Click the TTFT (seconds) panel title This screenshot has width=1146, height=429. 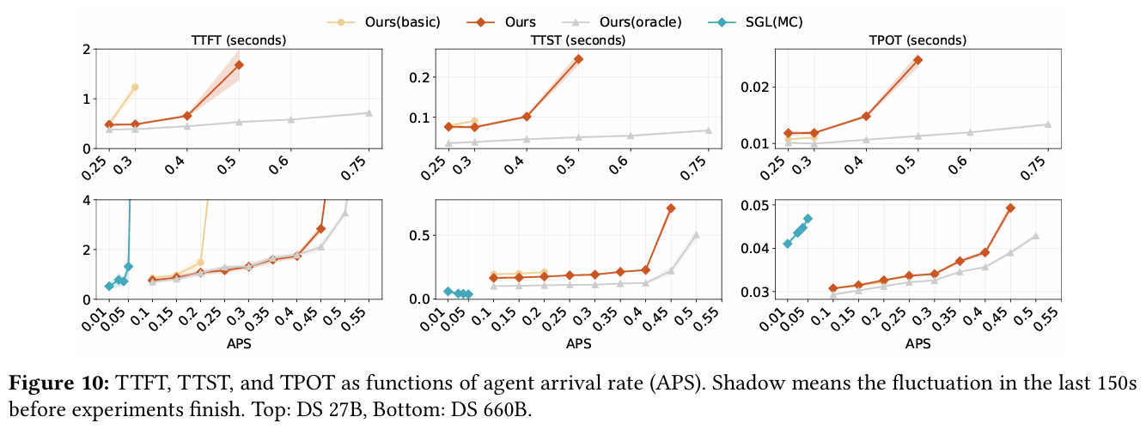tap(238, 40)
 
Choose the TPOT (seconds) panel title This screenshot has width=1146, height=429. tap(918, 40)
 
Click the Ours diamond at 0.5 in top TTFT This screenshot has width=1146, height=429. tap(239, 65)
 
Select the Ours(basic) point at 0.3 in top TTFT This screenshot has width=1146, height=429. tap(135, 88)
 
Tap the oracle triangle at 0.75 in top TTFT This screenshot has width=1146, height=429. tap(369, 113)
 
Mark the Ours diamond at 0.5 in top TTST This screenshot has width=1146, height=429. tap(578, 59)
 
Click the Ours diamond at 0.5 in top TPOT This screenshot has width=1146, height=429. tap(917, 60)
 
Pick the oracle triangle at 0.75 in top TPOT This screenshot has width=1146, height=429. tap(1047, 124)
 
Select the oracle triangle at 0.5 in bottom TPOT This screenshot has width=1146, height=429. tap(1035, 236)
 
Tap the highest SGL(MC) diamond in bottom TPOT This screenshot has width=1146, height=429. tap(808, 219)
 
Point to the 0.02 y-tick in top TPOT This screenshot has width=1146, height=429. tap(755, 87)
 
